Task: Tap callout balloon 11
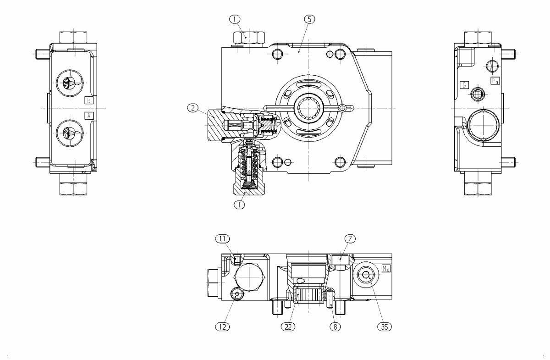coord(222,238)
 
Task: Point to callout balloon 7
coord(351,238)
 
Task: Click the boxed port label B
coord(89,100)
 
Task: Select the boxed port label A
coord(89,116)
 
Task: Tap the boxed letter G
coord(464,84)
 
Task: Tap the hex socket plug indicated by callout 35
coord(365,275)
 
